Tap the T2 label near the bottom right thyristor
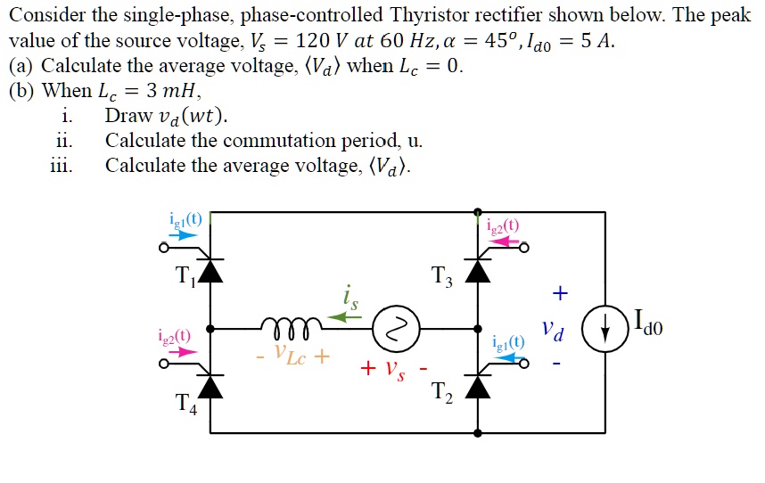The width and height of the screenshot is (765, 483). [x=443, y=391]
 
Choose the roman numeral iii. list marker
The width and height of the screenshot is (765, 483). [x=62, y=166]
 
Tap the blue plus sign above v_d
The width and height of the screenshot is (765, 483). [x=560, y=292]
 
